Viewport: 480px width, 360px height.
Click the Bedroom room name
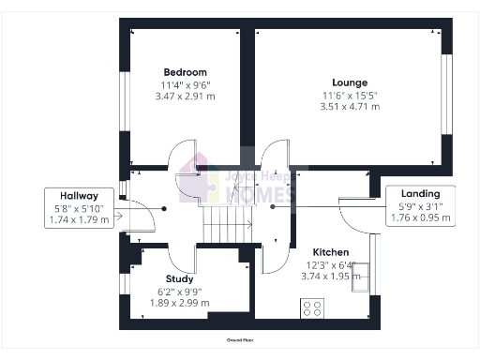185,72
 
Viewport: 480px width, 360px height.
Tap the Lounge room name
349,82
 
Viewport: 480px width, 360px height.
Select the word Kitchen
331,253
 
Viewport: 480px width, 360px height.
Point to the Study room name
179,279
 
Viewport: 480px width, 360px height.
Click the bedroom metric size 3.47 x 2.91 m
185,97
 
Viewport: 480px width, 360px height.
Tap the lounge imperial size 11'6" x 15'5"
349,95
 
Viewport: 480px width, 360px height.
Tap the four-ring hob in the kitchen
311,307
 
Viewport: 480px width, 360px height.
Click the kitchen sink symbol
360,278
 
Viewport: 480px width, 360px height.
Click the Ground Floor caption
242,339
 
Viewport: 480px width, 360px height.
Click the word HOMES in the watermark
262,196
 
